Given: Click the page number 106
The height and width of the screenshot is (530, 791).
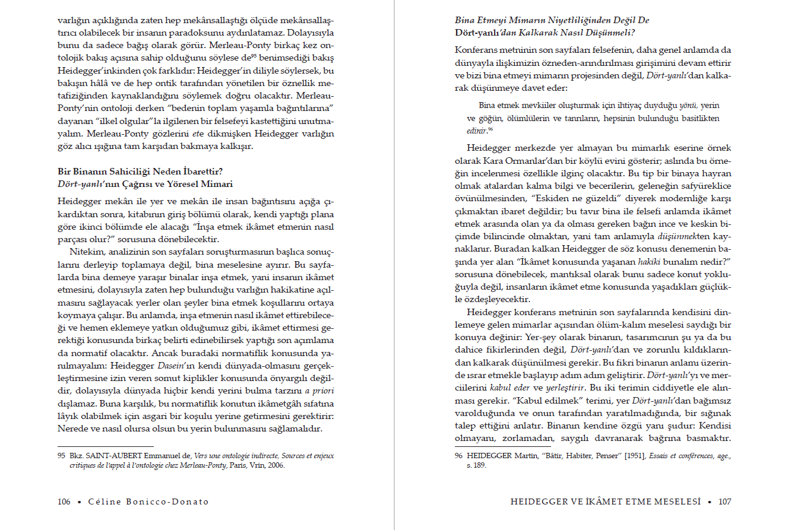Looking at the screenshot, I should point(64,502).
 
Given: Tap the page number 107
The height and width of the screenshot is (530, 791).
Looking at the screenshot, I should point(724,502).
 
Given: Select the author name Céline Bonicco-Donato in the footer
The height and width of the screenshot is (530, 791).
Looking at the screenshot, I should point(149,502).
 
